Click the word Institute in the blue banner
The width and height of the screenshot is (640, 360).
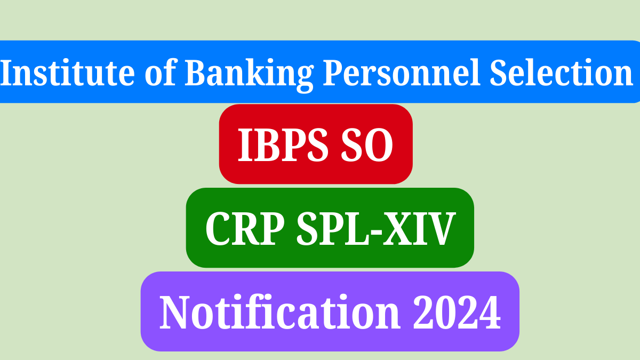pos(67,72)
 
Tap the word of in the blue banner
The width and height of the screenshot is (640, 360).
pos(161,71)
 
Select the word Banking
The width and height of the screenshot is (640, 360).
pos(249,75)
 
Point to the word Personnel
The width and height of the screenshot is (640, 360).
pos(402,72)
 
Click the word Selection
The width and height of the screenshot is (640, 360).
pos(561,72)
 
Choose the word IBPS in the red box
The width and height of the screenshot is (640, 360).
pos(283,145)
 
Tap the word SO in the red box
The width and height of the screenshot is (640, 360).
pos(367,145)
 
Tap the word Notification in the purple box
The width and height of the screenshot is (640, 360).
pos(279,312)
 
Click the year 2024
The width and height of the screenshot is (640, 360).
pos(457,312)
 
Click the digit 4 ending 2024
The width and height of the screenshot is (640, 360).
pos(490,312)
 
